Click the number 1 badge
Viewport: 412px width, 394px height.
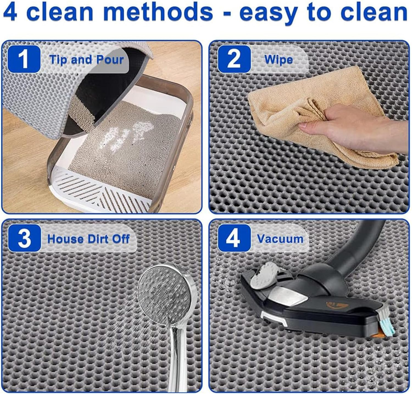[24, 59]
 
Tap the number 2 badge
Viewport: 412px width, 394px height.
[234, 59]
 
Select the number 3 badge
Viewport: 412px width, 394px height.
[24, 238]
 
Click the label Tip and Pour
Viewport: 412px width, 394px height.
[86, 60]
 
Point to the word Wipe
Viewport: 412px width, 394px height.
[279, 60]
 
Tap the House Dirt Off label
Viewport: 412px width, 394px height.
[88, 239]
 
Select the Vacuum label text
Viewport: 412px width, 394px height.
[280, 239]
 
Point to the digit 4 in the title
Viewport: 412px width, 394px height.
[10, 12]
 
